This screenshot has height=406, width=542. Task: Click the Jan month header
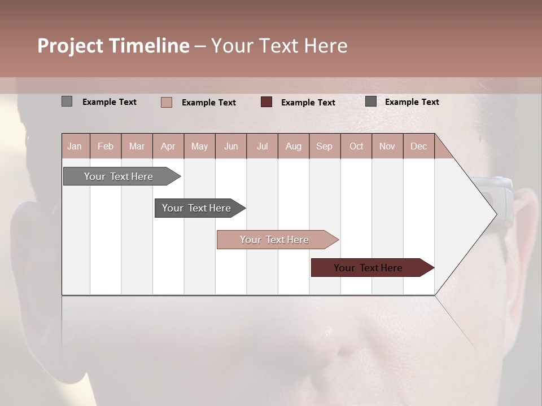[x=75, y=147]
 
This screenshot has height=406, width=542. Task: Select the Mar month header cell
[x=137, y=147]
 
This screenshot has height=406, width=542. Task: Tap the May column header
[x=199, y=147]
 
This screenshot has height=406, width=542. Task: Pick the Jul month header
[x=262, y=147]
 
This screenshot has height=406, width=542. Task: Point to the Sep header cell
[x=324, y=147]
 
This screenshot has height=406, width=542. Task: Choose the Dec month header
[x=418, y=147]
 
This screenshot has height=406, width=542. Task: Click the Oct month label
[x=356, y=147]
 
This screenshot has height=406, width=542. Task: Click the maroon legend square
[x=266, y=102]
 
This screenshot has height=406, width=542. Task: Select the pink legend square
[x=167, y=102]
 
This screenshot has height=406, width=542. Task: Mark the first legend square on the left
[x=67, y=101]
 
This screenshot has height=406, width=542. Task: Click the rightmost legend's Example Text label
[x=412, y=102]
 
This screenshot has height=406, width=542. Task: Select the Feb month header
[x=106, y=147]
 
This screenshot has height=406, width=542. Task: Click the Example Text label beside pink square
[x=208, y=103]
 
